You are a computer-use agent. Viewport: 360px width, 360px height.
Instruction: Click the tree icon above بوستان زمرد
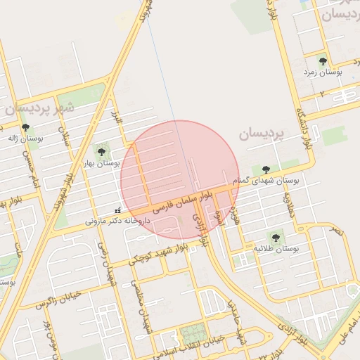point(323,61)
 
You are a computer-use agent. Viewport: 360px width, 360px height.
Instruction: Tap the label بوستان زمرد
point(323,72)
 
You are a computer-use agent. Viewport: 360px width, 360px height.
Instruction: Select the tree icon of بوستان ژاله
point(26,128)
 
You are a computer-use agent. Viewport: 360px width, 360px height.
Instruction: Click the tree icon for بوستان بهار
point(102,150)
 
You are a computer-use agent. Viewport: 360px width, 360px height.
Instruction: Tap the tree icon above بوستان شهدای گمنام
point(266,169)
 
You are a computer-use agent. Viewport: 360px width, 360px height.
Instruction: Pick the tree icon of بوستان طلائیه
point(275,238)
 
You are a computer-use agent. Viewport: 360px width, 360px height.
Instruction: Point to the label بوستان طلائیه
point(276,249)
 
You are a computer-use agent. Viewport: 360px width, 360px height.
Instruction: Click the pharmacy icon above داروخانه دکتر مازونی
point(117,210)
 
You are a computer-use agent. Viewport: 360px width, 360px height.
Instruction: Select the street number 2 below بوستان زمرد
point(322,94)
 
